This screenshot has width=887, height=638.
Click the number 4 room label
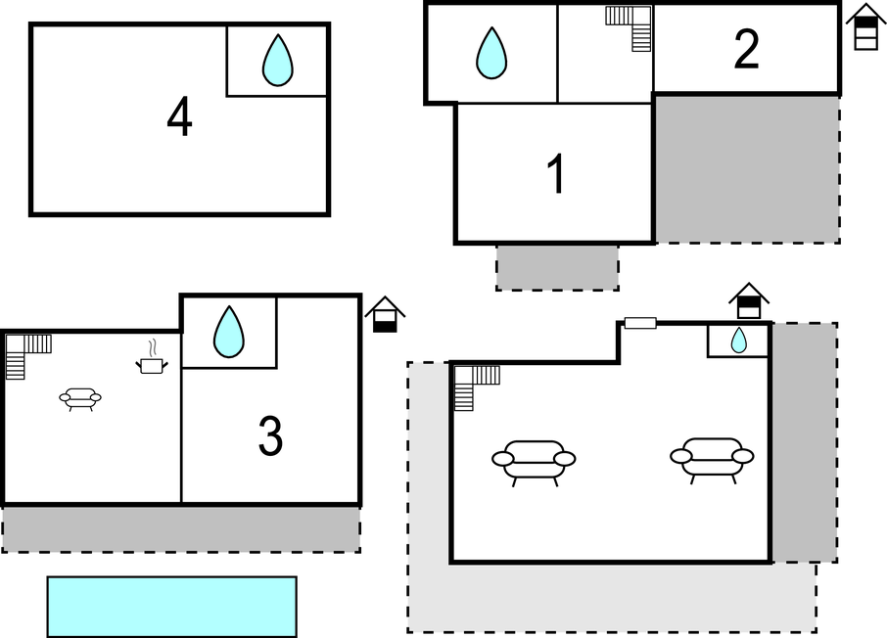coord(179,116)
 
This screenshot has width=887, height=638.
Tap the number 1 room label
coord(557,173)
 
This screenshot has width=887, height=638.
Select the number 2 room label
coord(746,49)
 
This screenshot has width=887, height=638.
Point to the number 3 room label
coord(270,434)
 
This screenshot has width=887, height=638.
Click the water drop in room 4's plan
coord(278,61)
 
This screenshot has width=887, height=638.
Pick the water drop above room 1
coord(491,53)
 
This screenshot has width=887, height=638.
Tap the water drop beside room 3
coord(229,332)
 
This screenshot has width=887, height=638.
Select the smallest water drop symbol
coord(739,340)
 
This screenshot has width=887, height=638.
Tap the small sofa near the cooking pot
coord(80,399)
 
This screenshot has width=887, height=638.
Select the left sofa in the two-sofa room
coord(534,462)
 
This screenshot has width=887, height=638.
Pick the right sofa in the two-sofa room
coord(712,459)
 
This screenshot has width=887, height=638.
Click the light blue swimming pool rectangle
coord(172,607)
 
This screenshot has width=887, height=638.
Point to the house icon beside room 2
coord(865,26)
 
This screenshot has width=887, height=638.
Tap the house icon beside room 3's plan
coord(385,314)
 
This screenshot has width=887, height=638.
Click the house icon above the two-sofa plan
coord(749,301)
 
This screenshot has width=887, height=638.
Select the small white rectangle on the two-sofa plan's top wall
coord(640,323)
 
